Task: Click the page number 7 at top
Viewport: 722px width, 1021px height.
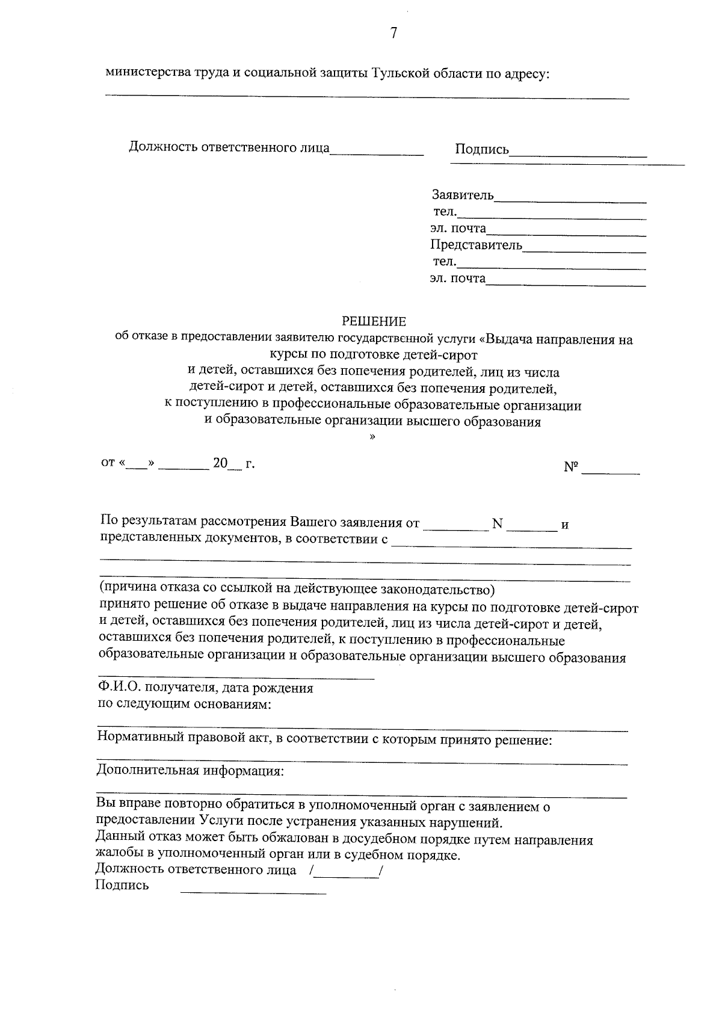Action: [x=393, y=34]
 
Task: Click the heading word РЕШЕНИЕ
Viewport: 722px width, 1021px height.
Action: [x=374, y=322]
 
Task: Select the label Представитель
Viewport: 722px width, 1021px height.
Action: [x=476, y=245]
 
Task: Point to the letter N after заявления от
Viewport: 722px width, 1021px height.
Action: [x=497, y=523]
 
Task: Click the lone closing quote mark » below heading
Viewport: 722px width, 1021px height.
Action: [x=372, y=439]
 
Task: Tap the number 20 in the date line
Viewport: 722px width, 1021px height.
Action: [x=220, y=463]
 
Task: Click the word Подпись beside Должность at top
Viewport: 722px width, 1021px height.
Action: [x=482, y=149]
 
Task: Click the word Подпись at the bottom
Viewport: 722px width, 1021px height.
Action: [x=122, y=885]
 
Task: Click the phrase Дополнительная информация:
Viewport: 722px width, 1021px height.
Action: [x=190, y=771]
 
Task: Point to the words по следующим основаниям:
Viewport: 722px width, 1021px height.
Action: [x=184, y=704]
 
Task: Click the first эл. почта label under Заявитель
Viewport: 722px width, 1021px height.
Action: [x=458, y=229]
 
